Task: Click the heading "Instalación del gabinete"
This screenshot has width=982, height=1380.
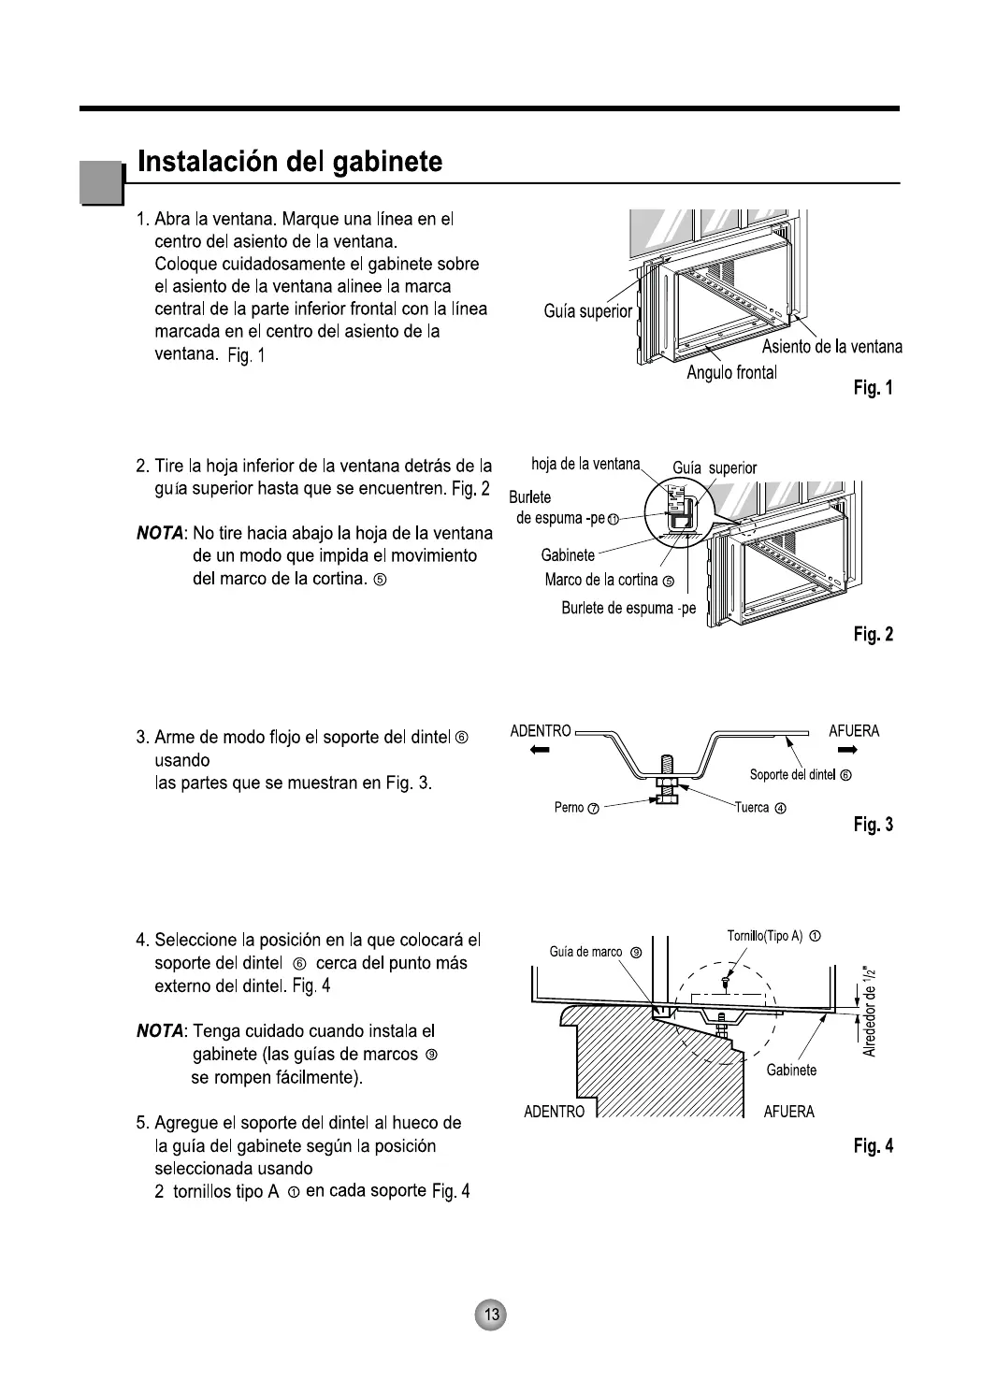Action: click(290, 163)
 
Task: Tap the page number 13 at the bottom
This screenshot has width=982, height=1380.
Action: click(491, 1315)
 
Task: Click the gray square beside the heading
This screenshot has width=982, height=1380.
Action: click(101, 182)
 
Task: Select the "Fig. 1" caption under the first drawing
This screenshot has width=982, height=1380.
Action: click(873, 388)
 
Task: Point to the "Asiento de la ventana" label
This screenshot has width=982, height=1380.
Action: click(831, 347)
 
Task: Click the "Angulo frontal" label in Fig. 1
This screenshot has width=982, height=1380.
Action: click(731, 373)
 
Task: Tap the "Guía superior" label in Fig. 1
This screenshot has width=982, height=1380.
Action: click(588, 311)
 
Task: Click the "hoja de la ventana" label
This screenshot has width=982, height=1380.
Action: click(585, 464)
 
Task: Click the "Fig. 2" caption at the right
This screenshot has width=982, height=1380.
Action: click(873, 635)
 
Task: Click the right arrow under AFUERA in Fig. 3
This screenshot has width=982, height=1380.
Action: click(848, 751)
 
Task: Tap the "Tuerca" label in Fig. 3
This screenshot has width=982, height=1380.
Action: click(758, 808)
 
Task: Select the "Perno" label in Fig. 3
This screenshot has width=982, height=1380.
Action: click(576, 808)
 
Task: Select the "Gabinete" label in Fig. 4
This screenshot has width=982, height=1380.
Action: click(791, 1070)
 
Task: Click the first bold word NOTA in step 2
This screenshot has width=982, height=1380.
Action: click(160, 533)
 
